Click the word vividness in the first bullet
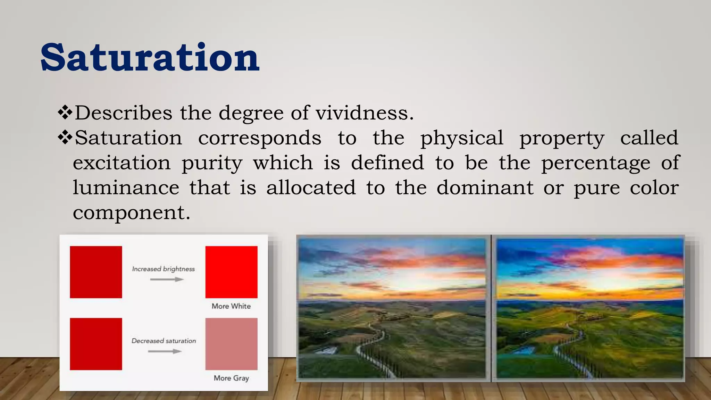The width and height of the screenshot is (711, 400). tap(365, 113)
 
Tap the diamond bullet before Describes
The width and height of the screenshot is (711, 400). tap(65, 112)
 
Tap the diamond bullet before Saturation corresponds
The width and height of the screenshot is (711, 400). tap(65, 137)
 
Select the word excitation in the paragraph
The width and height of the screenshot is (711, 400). tap(122, 162)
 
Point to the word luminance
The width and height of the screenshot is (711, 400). tap(126, 187)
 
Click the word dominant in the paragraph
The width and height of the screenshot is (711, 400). tap(485, 187)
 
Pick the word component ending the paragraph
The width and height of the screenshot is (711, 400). tap(131, 212)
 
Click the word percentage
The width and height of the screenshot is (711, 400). tap(596, 163)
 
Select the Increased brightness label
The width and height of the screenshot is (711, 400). tap(164, 269)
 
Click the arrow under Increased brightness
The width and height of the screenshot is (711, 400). tap(167, 280)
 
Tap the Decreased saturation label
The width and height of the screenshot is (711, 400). tap(164, 341)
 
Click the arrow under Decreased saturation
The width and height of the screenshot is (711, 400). tap(165, 351)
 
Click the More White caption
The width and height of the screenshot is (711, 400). tap(231, 306)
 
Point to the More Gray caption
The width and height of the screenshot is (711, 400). tap(231, 378)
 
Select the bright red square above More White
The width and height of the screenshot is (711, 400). tap(231, 272)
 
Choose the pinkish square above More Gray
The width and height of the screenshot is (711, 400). tap(231, 344)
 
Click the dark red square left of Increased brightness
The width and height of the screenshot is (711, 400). tap(96, 272)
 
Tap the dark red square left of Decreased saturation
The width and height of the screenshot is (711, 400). tap(96, 344)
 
